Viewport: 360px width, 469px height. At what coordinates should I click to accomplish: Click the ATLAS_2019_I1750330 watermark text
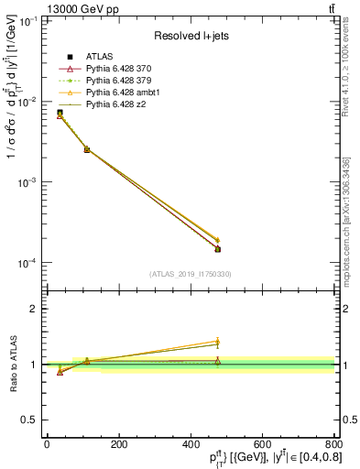point(191,274)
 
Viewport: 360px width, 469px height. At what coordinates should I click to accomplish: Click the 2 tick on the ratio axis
point(33,309)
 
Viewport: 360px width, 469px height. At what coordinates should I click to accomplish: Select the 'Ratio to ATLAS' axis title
point(11,364)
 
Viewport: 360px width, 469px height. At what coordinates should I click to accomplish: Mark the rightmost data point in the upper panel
point(218,248)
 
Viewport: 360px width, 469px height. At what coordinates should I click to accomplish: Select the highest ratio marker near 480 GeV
point(218,342)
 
